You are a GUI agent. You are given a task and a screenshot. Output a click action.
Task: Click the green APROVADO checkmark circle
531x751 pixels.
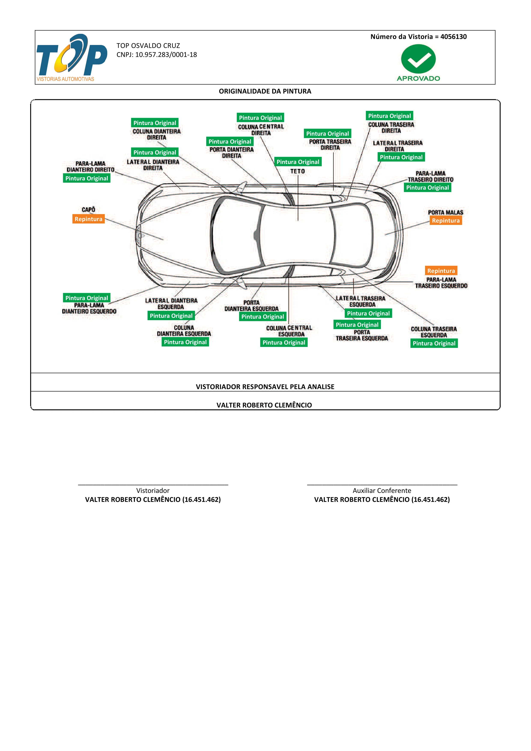click(x=418, y=59)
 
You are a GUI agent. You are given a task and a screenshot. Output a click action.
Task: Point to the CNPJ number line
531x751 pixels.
click(x=157, y=55)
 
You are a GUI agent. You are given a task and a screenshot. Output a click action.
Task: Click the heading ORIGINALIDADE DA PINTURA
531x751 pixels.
click(x=265, y=91)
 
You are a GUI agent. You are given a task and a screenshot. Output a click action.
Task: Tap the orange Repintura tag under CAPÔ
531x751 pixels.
click(x=88, y=219)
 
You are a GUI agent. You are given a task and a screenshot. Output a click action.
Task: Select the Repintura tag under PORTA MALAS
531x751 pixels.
click(x=446, y=220)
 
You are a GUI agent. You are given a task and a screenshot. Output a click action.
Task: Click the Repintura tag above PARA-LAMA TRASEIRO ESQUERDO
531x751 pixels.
click(x=441, y=271)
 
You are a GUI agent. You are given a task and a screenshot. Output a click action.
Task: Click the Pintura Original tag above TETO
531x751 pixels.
click(x=298, y=162)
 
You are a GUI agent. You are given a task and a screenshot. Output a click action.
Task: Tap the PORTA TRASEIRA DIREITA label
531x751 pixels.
click(x=330, y=145)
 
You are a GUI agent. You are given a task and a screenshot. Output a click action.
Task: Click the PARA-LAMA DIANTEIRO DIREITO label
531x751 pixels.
click(x=91, y=167)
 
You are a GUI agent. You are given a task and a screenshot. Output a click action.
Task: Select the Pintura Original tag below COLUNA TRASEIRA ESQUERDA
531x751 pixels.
click(x=434, y=343)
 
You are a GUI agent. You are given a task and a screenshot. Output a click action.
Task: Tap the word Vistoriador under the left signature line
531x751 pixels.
click(x=153, y=490)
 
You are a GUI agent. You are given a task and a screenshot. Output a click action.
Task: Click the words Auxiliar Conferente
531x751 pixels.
click(x=382, y=490)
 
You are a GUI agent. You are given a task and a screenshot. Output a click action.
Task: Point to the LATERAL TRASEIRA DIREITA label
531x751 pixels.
click(x=398, y=146)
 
